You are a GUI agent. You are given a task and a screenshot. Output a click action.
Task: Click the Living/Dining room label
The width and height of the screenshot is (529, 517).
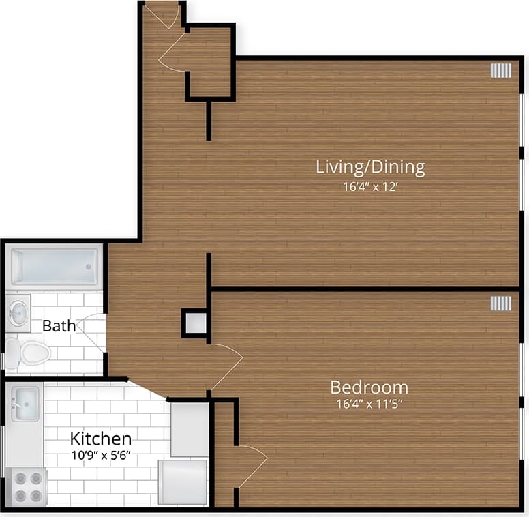[x=370, y=167]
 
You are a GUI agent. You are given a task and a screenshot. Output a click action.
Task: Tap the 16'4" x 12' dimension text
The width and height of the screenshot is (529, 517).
[x=370, y=186]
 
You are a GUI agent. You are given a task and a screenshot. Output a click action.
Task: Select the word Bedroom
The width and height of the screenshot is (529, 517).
[x=369, y=387]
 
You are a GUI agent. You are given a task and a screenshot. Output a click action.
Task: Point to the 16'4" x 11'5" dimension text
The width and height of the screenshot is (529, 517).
[x=369, y=404]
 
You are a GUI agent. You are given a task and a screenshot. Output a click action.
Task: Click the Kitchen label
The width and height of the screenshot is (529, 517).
[x=101, y=438]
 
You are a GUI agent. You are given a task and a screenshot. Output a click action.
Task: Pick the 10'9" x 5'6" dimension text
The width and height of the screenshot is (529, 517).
[x=101, y=456]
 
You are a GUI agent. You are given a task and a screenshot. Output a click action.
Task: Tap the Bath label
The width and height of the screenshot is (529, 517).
[x=59, y=326]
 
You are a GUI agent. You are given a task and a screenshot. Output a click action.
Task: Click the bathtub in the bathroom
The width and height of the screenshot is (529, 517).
[x=55, y=267]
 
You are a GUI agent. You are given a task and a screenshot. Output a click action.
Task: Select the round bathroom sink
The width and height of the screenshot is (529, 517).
[x=18, y=313]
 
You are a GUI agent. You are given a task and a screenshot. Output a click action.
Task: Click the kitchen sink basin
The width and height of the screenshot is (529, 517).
[x=26, y=399]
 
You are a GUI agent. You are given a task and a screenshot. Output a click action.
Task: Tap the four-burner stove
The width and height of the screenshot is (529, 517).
[x=27, y=487]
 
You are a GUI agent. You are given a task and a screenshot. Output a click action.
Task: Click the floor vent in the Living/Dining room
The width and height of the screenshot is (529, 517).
[x=500, y=70]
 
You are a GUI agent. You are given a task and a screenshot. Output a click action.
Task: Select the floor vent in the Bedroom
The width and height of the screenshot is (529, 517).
[x=500, y=303]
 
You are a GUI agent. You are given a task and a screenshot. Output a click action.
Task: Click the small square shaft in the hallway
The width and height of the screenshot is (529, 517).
[x=196, y=323]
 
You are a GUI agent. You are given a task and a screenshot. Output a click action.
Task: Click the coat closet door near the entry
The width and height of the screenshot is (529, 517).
[x=172, y=53]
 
